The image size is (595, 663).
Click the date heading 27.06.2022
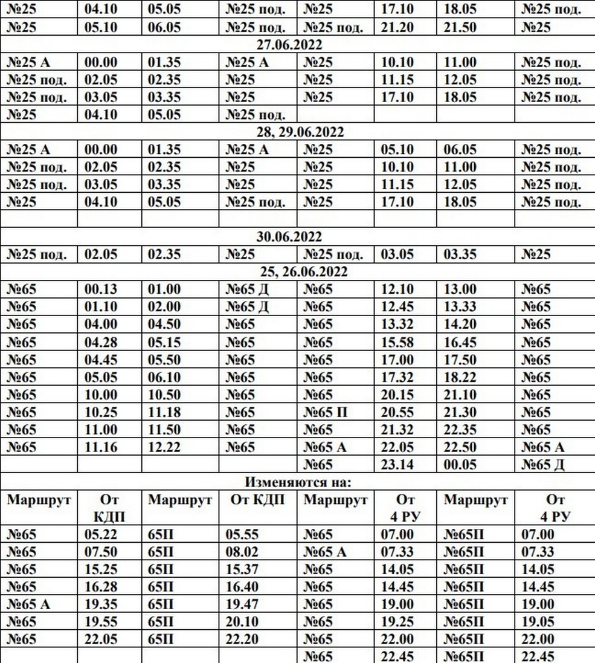point(297,45)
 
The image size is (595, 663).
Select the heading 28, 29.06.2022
point(297,132)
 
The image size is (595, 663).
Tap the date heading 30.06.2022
point(297,237)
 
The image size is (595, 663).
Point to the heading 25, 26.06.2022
point(297,272)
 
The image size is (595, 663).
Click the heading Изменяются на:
point(297,482)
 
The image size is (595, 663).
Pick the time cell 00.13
point(101,289)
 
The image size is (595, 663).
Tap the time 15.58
point(397,342)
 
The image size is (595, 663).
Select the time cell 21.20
point(397,27)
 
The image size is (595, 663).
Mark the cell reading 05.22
point(101,534)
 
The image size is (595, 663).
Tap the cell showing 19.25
point(397,622)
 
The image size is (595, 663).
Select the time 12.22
point(165,447)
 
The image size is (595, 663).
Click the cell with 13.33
point(460,307)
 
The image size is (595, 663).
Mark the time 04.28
point(101,342)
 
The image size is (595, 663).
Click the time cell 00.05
point(460,465)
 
